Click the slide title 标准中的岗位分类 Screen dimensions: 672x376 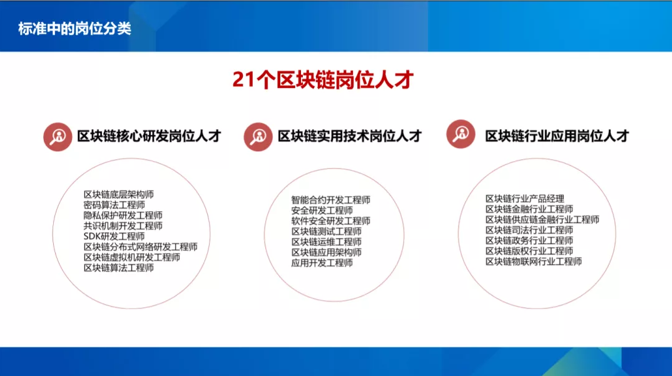tap(74, 29)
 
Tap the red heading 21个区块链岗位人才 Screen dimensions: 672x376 tap(323, 79)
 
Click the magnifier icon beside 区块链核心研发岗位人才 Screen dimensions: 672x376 tap(58, 137)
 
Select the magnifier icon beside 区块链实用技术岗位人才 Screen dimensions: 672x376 tap(258, 137)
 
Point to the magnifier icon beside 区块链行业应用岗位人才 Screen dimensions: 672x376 tap(461, 134)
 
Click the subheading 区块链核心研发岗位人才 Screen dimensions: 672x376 tap(149, 136)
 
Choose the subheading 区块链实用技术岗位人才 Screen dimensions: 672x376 tap(350, 136)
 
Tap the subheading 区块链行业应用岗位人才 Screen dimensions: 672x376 tap(557, 136)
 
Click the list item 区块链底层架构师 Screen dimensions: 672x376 tap(119, 195)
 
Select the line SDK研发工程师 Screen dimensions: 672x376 tap(114, 237)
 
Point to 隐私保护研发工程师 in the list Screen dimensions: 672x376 tap(123, 215)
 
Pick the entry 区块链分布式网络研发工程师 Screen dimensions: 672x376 tap(141, 247)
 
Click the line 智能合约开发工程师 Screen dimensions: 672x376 tap(331, 200)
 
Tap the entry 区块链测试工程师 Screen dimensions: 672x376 tap(327, 232)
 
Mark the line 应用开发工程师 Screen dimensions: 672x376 tap(322, 263)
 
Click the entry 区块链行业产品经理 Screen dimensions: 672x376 tap(525, 199)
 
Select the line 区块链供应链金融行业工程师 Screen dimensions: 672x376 tap(542, 220)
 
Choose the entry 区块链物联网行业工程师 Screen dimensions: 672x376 tap(534, 262)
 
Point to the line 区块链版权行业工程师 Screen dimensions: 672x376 tap(529, 251)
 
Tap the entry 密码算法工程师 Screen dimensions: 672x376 tap(114, 205)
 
